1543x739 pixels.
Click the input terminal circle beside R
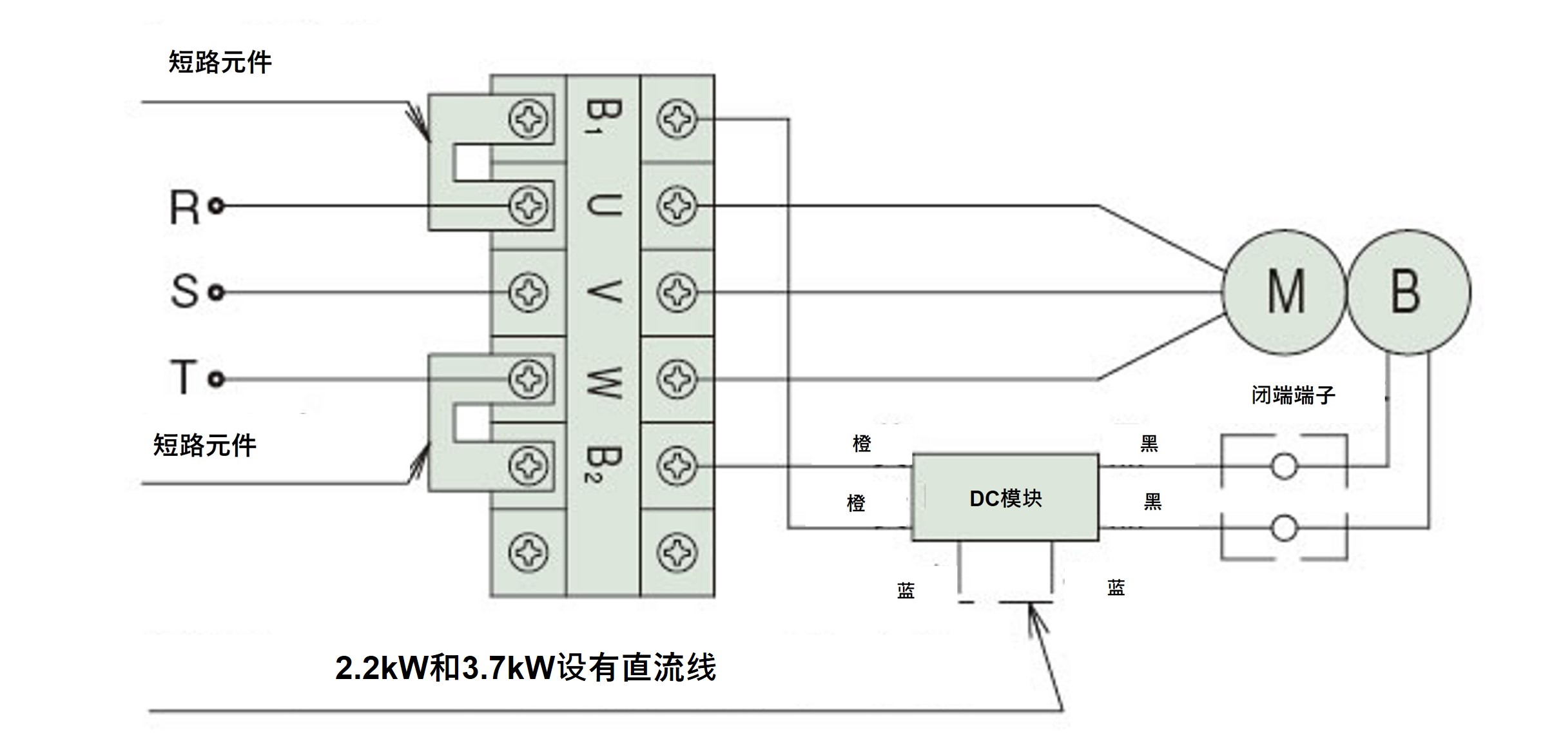point(217,206)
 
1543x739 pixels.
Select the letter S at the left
point(184,291)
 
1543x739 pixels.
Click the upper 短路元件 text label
point(220,63)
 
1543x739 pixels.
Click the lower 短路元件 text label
point(205,446)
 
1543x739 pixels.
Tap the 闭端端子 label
point(1293,395)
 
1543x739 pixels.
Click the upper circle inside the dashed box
point(1283,466)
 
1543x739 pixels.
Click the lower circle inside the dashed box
point(1283,528)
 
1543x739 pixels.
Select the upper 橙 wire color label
point(862,444)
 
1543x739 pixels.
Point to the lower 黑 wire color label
point(1152,501)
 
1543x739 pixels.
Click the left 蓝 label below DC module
point(906,591)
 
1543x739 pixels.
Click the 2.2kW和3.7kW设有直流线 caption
point(525,668)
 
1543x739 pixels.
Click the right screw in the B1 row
point(677,119)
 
